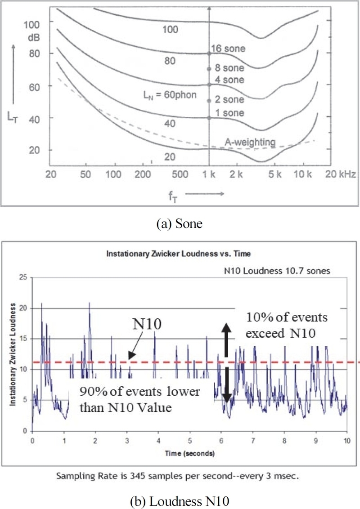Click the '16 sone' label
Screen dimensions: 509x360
pos(229,49)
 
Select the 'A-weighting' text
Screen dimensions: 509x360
pos(250,142)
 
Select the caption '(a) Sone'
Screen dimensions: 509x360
pos(180,223)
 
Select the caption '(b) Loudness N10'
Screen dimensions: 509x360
pos(180,499)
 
